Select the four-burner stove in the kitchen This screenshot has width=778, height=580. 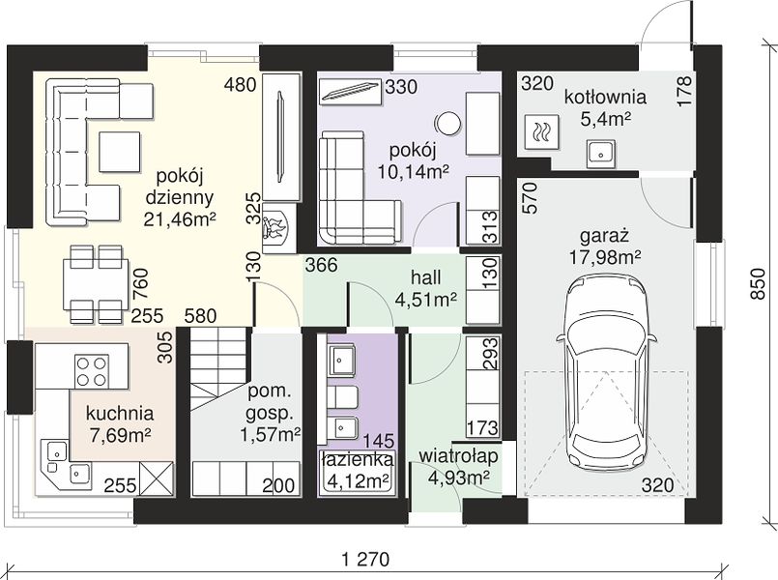(91, 371)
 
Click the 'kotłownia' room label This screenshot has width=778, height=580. (605, 97)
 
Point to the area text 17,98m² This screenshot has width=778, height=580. (605, 256)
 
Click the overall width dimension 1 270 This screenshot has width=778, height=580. (365, 560)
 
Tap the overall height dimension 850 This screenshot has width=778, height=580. (757, 284)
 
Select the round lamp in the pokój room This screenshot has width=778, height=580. (447, 123)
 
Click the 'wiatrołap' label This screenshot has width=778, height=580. (458, 456)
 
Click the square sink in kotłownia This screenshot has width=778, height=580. (601, 154)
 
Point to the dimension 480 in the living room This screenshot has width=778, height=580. (240, 85)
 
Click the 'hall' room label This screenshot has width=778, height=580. (425, 277)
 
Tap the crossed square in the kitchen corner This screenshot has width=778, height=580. (157, 478)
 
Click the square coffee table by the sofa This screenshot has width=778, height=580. (120, 152)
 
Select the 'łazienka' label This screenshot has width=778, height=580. (358, 460)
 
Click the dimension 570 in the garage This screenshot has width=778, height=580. (530, 198)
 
